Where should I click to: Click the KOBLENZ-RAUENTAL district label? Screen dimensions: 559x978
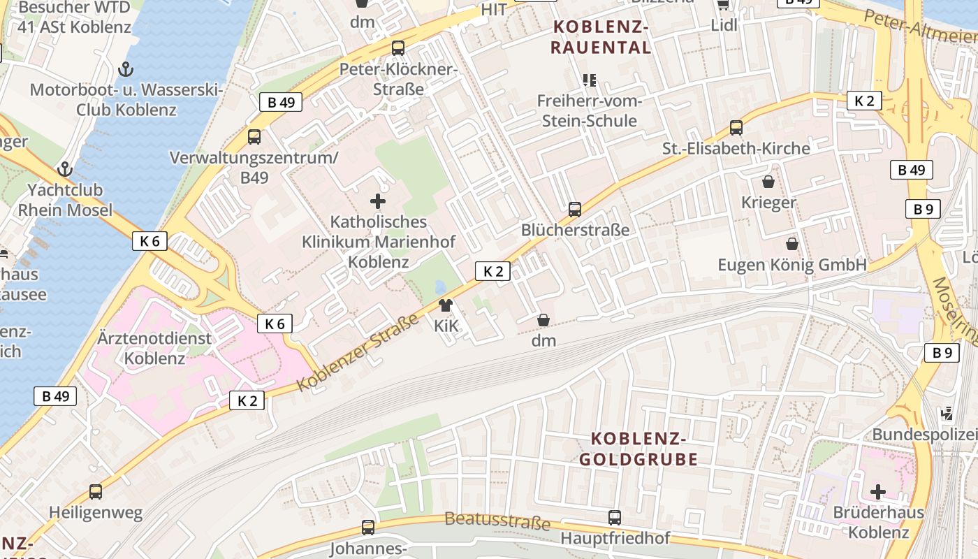pos(601,37)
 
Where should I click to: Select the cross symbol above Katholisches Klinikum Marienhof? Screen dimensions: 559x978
pos(378,202)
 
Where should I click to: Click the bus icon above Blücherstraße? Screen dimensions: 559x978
pos(574,209)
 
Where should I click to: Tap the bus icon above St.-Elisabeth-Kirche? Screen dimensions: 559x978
pos(736,127)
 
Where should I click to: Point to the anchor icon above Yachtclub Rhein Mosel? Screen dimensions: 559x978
pos(65,169)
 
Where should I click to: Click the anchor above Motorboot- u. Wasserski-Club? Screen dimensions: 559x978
pos(126,68)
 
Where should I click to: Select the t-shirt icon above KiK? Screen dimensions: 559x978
pos(446,305)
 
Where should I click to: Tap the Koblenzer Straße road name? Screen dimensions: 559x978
pos(358,353)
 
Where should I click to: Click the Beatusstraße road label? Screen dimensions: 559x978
pos(497,521)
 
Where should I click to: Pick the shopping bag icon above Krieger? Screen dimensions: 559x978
pos(768,182)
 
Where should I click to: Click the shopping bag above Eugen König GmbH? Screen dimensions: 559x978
pos(792,244)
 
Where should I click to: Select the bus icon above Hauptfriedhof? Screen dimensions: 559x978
pos(615,518)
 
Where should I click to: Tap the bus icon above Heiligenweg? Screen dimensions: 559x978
pos(96,492)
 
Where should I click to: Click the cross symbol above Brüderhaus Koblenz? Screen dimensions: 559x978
pos(878,492)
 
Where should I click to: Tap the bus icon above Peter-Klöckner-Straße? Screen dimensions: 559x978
pos(398,48)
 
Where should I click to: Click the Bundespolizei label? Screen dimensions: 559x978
pos(924,435)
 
